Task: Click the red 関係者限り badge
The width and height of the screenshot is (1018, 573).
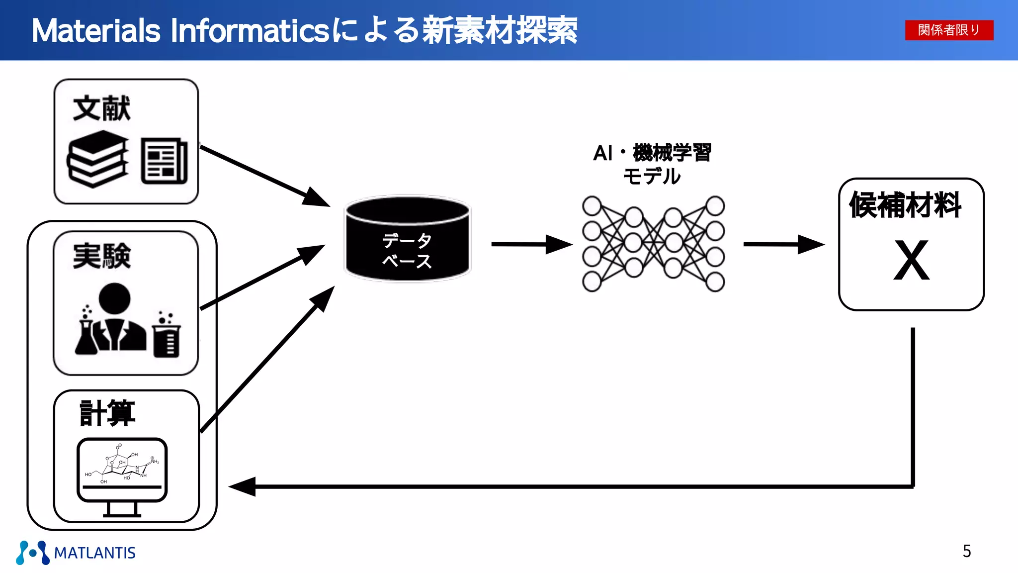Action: [949, 30]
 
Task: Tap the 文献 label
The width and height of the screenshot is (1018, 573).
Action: [101, 108]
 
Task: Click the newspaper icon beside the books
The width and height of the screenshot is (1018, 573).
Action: [164, 161]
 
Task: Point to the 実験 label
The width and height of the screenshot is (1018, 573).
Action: [101, 257]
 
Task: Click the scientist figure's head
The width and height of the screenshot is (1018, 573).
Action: [114, 298]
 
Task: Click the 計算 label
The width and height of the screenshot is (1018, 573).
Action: [107, 413]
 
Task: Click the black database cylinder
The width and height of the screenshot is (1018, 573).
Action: [408, 239]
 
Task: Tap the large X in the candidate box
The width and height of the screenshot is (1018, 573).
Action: [911, 260]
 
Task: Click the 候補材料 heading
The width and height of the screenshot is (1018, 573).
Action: [905, 205]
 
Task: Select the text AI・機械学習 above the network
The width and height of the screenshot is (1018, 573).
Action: [652, 153]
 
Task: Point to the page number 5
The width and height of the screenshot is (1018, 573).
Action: [967, 551]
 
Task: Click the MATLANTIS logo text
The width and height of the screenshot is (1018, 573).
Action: [94, 553]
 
